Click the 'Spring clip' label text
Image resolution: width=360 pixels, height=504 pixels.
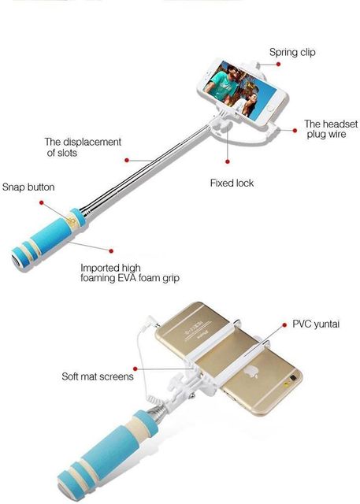(x=292, y=53)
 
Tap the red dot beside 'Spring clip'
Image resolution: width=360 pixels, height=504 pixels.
(x=278, y=65)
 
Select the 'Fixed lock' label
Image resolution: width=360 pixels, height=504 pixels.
(x=232, y=183)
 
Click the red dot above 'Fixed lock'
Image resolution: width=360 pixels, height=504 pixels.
(x=228, y=161)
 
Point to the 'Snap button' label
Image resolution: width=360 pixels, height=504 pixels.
(x=28, y=187)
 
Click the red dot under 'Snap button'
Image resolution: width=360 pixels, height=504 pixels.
(x=42, y=202)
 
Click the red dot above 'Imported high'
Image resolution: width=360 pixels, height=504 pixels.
(x=111, y=250)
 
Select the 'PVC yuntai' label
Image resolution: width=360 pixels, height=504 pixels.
(x=316, y=324)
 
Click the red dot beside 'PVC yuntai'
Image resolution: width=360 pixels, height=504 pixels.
(x=284, y=325)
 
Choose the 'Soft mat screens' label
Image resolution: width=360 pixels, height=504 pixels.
(x=98, y=376)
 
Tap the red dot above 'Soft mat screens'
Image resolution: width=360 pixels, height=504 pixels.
(x=135, y=369)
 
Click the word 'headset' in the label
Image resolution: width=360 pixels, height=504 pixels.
(x=340, y=124)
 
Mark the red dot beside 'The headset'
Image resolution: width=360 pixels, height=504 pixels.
(x=295, y=130)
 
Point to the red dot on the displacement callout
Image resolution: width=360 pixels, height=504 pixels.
(x=127, y=160)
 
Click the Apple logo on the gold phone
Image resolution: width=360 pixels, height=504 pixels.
(x=251, y=372)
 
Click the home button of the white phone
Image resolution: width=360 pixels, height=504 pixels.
(x=271, y=109)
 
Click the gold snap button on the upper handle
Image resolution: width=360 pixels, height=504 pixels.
(x=72, y=221)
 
